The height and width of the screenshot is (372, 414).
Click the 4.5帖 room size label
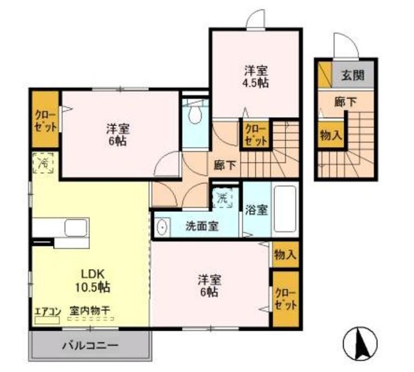tap(256, 83)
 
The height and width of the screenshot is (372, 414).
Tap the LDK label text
tap(93, 274)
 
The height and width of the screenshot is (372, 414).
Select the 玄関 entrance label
tap(353, 75)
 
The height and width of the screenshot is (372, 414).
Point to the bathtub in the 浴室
tap(285, 208)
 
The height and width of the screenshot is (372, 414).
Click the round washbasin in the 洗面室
tap(161, 227)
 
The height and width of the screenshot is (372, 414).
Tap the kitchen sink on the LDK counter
tap(76, 227)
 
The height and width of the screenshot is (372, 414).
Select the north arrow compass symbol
tap(360, 344)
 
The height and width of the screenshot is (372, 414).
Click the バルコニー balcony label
tap(90, 346)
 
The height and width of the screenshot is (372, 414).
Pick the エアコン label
tap(48, 311)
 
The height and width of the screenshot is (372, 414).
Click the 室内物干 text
tap(90, 311)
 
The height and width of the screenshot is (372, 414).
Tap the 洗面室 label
tap(202, 226)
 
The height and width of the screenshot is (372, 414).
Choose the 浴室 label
tap(256, 210)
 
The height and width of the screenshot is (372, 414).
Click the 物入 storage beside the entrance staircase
tap(331, 134)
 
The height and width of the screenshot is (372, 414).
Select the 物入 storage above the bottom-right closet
tap(285, 254)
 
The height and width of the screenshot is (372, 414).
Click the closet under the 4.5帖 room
tap(256, 135)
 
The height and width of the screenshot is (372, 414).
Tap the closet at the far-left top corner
tap(45, 119)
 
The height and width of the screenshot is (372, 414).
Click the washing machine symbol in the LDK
tap(43, 163)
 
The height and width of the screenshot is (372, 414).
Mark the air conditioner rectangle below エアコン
tap(47, 320)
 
